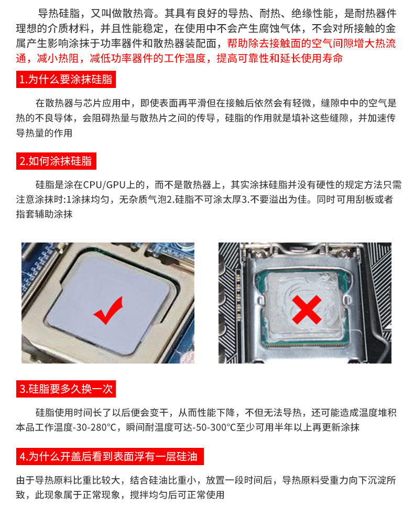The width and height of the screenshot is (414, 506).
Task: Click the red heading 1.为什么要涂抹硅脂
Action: click(65, 80)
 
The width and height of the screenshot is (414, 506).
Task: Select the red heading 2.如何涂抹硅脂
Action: click(56, 161)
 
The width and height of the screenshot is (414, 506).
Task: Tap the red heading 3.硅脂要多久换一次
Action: click(65, 389)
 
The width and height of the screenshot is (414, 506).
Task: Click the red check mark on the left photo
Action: click(108, 310)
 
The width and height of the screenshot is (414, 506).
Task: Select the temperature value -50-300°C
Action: click(213, 427)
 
